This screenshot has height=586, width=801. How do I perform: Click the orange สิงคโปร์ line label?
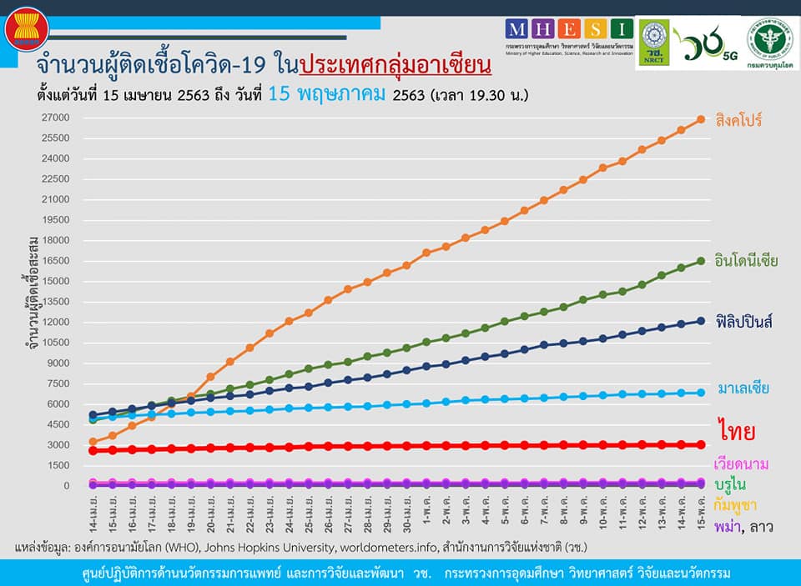pyautogui.click(x=738, y=120)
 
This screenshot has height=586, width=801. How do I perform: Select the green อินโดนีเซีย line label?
pyautogui.click(x=747, y=261)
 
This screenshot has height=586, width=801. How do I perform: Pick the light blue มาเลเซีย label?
pyautogui.click(x=742, y=388)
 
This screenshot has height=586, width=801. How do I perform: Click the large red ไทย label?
pyautogui.click(x=736, y=432)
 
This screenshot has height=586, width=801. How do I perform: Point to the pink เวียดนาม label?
pyautogui.click(x=742, y=463)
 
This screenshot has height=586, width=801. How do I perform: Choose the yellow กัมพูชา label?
pyautogui.click(x=737, y=504)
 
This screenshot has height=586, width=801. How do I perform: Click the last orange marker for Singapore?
pyautogui.click(x=701, y=119)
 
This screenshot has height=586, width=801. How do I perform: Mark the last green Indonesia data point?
pyautogui.click(x=701, y=261)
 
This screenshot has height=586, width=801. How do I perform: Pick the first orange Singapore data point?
pyautogui.click(x=93, y=442)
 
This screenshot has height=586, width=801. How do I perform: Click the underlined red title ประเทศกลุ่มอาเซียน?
pyautogui.click(x=395, y=64)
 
